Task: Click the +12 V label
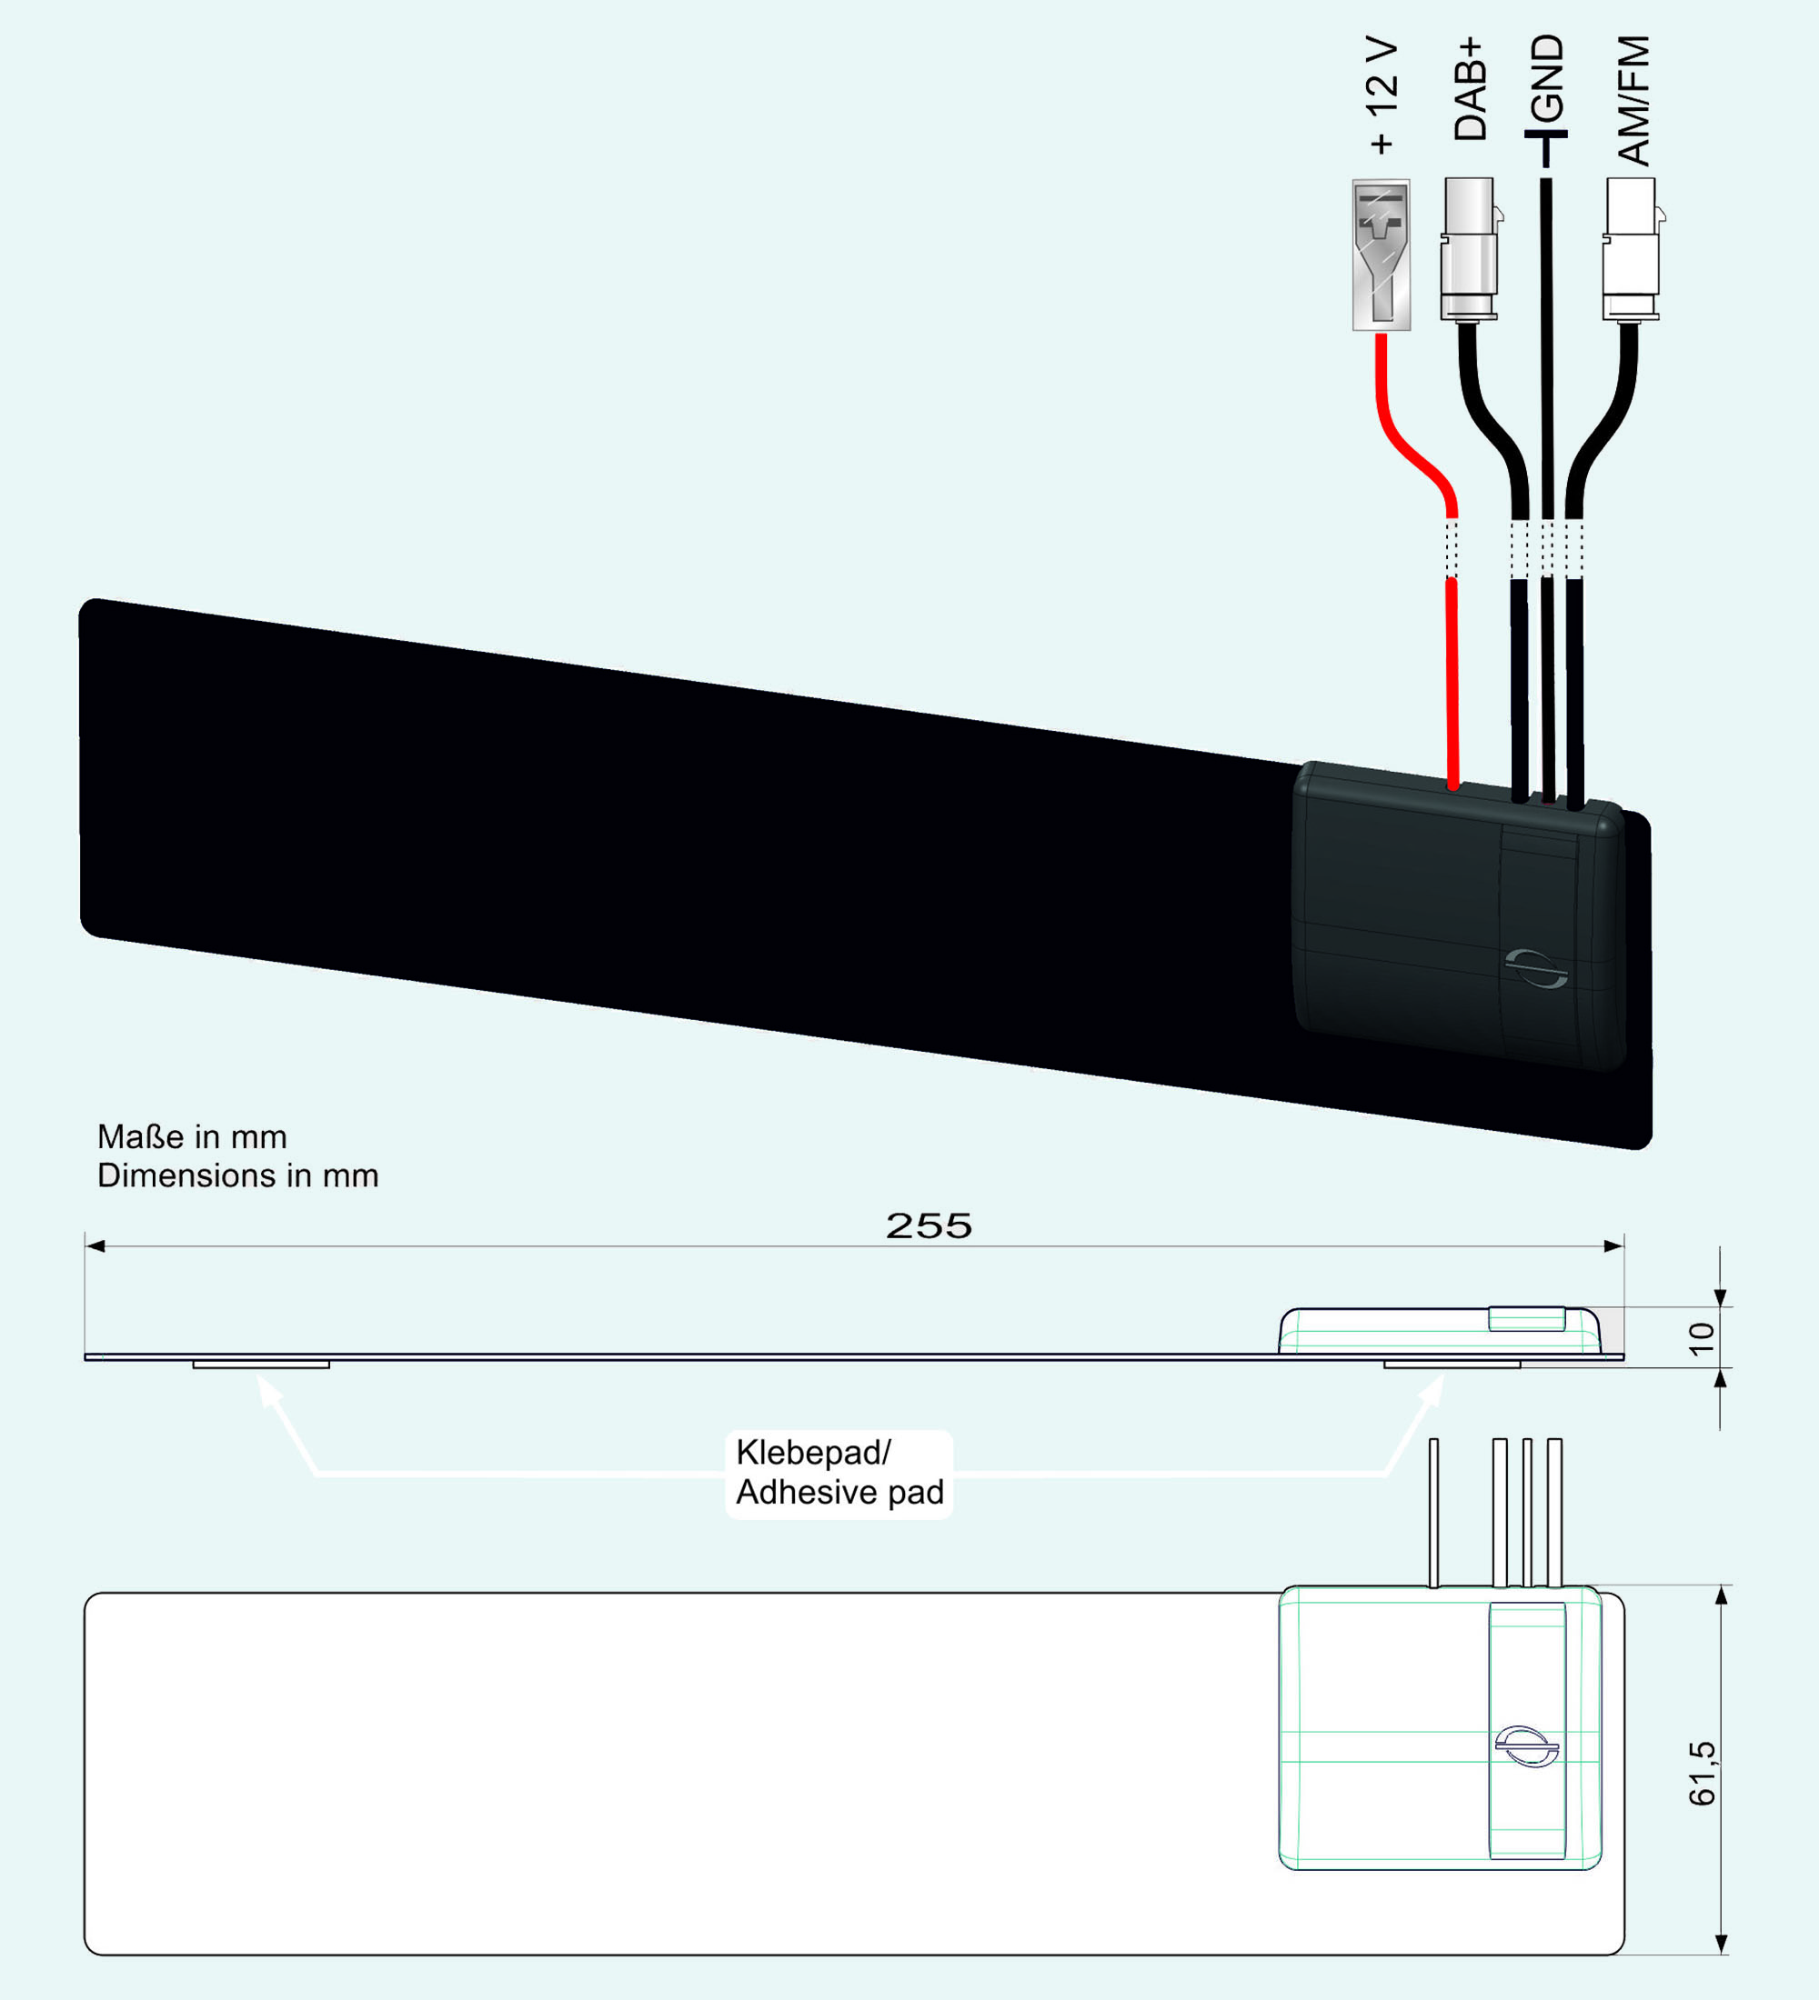(1382, 96)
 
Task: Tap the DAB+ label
(1470, 89)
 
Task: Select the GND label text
(1546, 77)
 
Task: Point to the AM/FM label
(1633, 100)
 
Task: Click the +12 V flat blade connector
(1382, 255)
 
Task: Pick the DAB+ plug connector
(1471, 249)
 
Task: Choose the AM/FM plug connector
(1633, 249)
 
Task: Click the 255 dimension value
(929, 1226)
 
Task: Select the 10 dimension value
(1702, 1338)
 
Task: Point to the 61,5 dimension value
(1702, 1773)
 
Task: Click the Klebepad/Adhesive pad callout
(839, 1474)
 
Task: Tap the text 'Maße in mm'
(193, 1137)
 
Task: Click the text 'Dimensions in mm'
(238, 1175)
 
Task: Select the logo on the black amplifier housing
(1536, 968)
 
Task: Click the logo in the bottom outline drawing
(1526, 1746)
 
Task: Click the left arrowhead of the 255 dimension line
(95, 1246)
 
